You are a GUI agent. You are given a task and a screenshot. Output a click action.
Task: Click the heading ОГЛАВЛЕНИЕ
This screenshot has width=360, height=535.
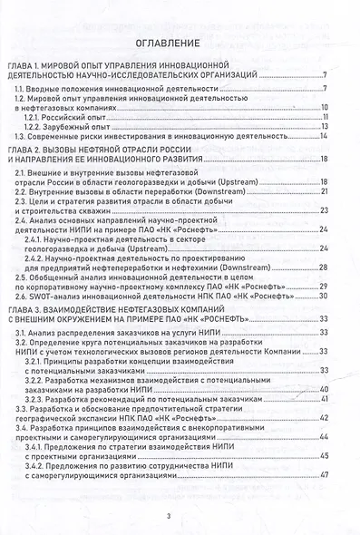click(x=180, y=43)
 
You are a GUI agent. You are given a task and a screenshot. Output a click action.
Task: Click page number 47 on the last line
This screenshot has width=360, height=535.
click(x=323, y=475)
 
